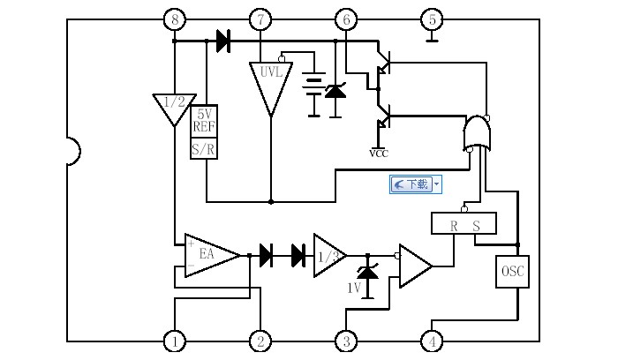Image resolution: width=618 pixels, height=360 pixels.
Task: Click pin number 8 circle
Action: pyautogui.click(x=175, y=19)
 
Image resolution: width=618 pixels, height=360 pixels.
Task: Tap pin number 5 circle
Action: pyautogui.click(x=432, y=19)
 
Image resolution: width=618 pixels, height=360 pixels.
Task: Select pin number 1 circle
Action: pyautogui.click(x=175, y=341)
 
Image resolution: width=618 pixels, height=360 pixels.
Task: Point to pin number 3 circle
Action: pyautogui.click(x=346, y=341)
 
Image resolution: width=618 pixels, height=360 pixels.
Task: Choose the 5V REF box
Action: pyautogui.click(x=204, y=120)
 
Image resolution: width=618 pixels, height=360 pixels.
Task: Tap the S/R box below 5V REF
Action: pyautogui.click(x=204, y=148)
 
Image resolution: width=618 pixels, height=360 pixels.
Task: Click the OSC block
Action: pyautogui.click(x=513, y=272)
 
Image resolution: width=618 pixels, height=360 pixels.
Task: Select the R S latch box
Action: pyautogui.click(x=463, y=224)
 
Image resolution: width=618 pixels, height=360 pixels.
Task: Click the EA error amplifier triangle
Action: pyautogui.click(x=207, y=255)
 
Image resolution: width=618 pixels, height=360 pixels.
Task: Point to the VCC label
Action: pyautogui.click(x=379, y=153)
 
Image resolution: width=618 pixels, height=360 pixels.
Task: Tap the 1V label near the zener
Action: pyautogui.click(x=353, y=289)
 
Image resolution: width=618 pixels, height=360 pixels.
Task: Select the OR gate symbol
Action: pyautogui.click(x=478, y=134)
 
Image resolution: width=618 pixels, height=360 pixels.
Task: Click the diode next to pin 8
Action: pyautogui.click(x=222, y=41)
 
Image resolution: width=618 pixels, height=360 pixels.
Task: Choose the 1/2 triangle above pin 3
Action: pyautogui.click(x=328, y=255)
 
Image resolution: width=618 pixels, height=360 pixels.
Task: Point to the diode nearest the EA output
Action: pyautogui.click(x=266, y=255)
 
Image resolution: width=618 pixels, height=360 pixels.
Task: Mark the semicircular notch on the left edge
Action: pyautogui.click(x=72, y=151)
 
